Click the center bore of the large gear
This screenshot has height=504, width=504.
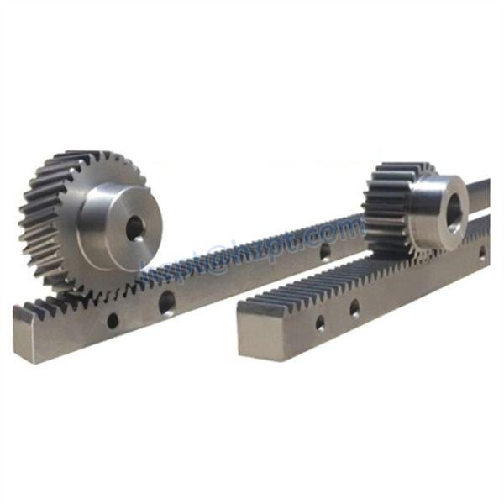coord(134,228)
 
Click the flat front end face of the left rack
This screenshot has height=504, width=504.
coord(24,335)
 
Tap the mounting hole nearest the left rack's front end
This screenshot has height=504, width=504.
coord(112,320)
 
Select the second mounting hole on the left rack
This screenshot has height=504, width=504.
coord(167,302)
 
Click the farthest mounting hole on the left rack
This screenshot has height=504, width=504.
coord(325,250)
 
